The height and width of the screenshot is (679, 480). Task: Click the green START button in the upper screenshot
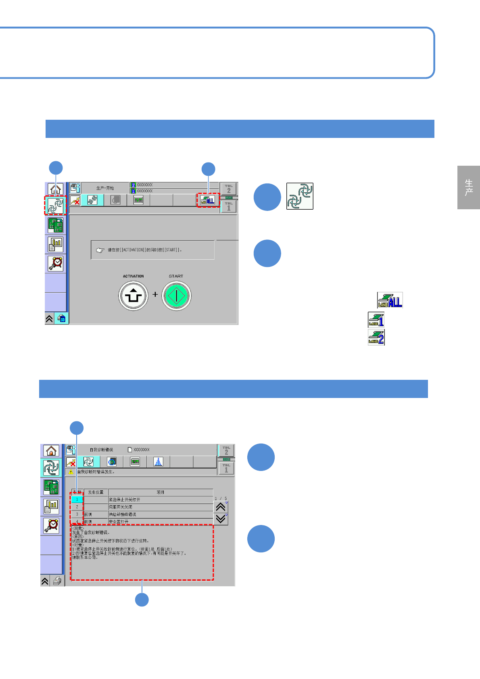click(x=176, y=296)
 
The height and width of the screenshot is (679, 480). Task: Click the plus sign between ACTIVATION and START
click(x=155, y=294)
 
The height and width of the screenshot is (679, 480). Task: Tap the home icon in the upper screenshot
click(x=55, y=189)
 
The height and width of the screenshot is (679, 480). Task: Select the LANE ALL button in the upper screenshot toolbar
click(x=208, y=200)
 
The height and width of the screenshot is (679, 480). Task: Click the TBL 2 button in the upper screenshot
click(x=229, y=189)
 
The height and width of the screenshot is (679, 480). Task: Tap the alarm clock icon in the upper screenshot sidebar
click(x=56, y=263)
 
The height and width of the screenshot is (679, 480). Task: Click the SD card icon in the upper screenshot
click(x=61, y=319)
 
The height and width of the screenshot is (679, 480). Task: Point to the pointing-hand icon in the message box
click(x=100, y=250)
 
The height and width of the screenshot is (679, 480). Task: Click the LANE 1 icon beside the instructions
click(x=376, y=320)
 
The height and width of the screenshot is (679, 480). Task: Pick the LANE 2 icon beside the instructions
click(x=376, y=337)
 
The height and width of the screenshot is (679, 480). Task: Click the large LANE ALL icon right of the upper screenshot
click(x=390, y=300)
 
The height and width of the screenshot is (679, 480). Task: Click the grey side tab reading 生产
click(x=468, y=187)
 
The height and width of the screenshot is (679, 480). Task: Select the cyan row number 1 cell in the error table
click(x=77, y=500)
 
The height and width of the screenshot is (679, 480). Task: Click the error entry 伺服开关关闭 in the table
click(x=121, y=507)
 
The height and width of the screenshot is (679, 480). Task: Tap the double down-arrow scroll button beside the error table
click(x=221, y=519)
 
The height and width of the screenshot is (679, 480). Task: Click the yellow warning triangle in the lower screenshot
click(x=71, y=472)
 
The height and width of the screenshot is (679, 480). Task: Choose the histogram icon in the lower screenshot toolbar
click(x=158, y=462)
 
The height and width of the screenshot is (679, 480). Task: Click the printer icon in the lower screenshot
click(x=57, y=581)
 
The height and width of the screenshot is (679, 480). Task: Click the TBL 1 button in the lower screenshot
click(x=226, y=468)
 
